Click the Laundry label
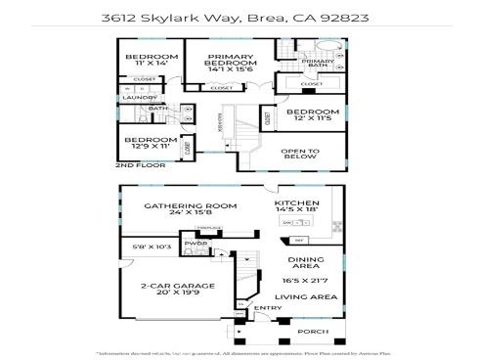coord(134,98)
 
